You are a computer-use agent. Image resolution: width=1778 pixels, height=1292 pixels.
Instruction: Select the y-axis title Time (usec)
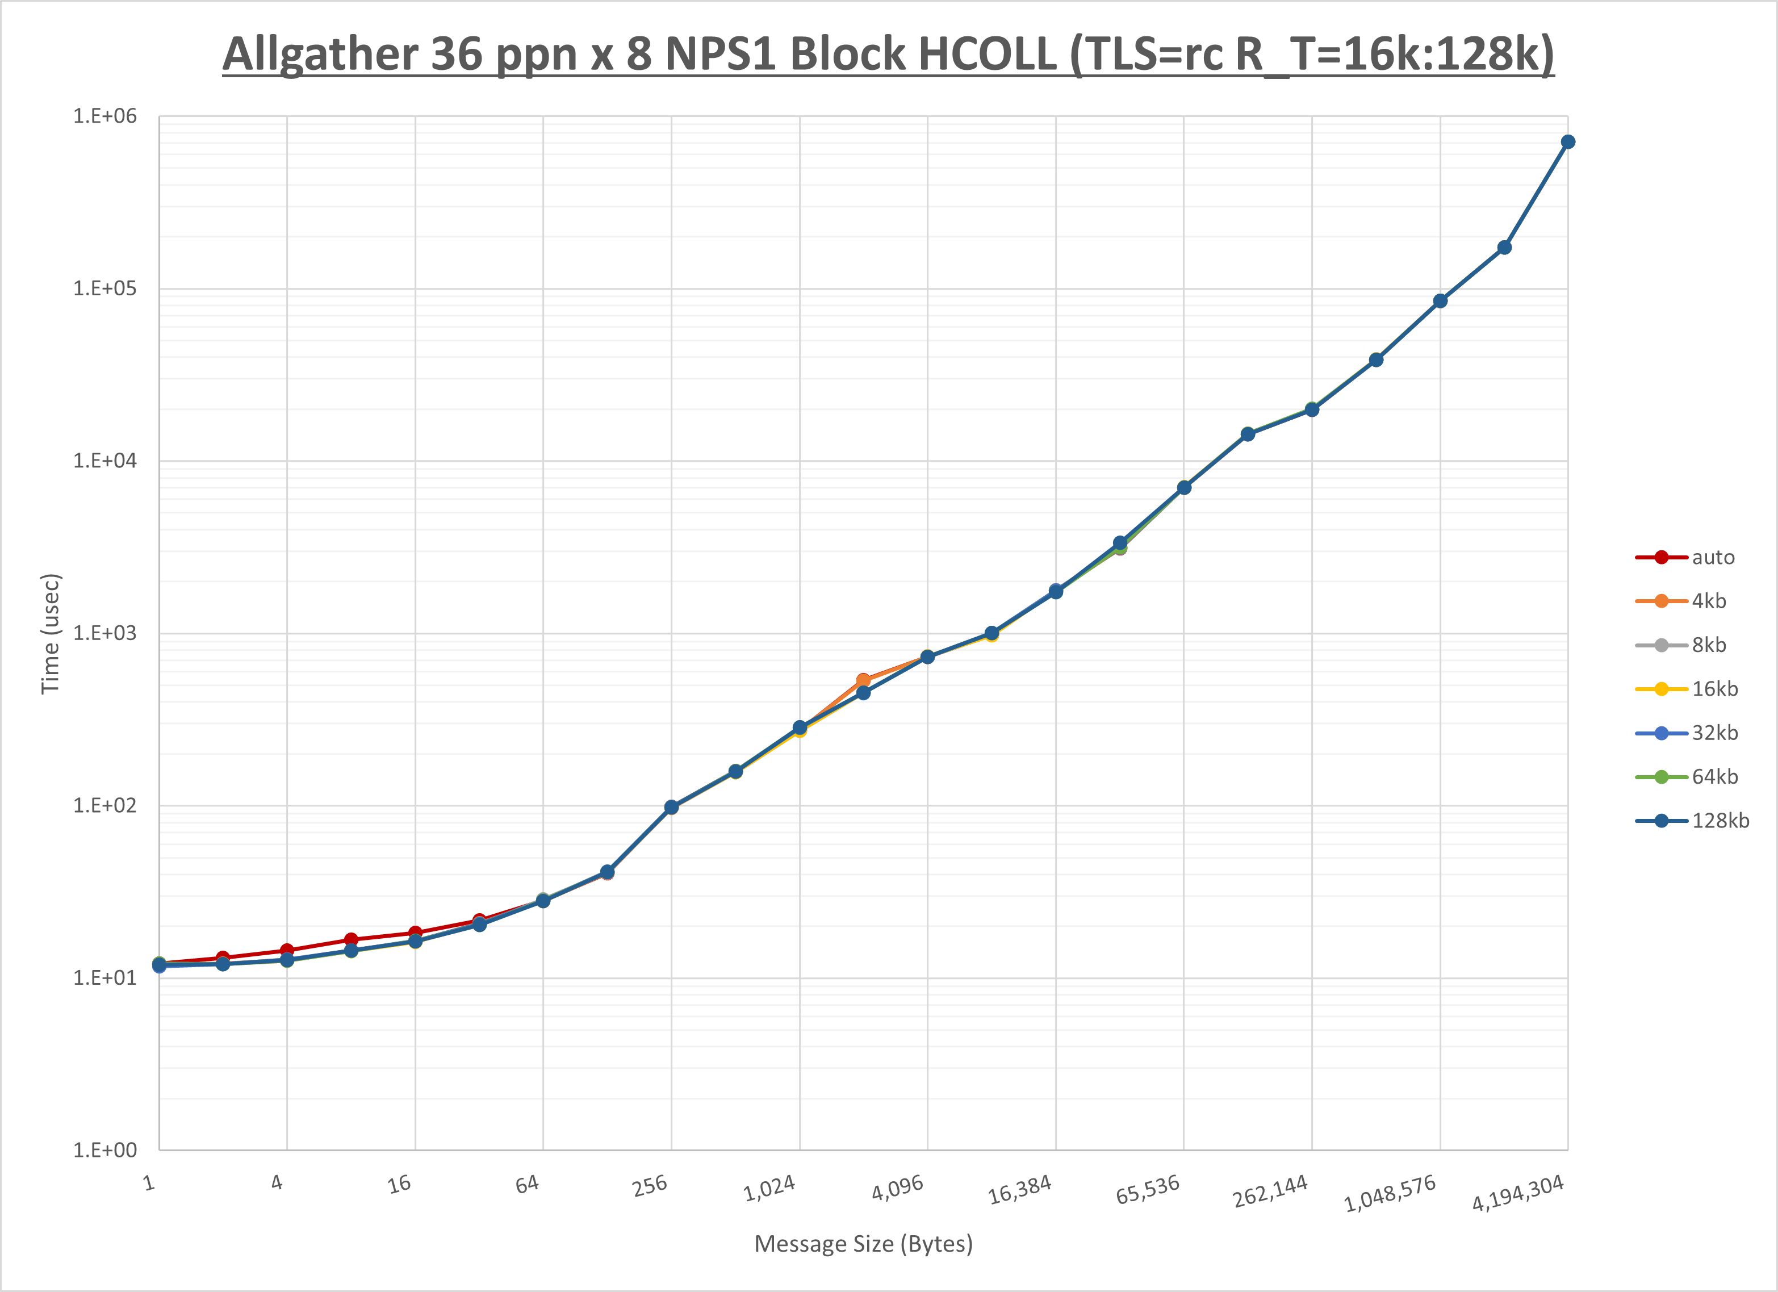[50, 633]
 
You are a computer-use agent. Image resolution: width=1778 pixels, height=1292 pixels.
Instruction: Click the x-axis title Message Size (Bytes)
[863, 1244]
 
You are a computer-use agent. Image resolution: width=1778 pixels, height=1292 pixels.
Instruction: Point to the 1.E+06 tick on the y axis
[105, 116]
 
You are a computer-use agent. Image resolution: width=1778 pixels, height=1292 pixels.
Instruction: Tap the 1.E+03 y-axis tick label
[105, 633]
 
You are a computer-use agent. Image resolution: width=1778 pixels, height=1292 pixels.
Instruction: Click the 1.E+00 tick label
[105, 1150]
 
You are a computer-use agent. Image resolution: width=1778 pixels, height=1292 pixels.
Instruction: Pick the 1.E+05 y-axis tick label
[105, 288]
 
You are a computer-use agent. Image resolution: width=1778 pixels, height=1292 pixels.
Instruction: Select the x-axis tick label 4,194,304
[1518, 1193]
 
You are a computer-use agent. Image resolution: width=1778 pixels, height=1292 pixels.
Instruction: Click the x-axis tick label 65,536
[1148, 1190]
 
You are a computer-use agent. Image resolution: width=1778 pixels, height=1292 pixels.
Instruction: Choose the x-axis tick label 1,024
[769, 1189]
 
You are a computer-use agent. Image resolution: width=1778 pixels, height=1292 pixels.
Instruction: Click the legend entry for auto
[1712, 558]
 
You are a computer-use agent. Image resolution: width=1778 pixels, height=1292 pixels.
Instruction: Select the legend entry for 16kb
[1714, 689]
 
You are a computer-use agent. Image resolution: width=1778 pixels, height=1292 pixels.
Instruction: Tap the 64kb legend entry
[1714, 777]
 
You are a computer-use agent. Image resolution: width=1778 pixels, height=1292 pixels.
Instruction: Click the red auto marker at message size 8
[351, 939]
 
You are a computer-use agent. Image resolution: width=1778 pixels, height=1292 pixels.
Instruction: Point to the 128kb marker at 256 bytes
[671, 806]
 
